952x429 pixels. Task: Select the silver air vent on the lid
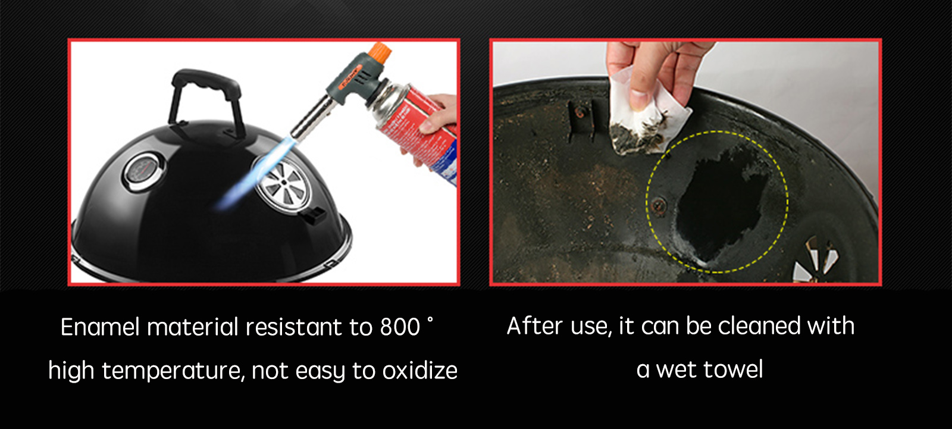(281, 184)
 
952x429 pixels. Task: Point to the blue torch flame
(257, 174)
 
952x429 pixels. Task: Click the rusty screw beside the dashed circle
(658, 207)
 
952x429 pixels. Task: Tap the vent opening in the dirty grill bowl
(816, 260)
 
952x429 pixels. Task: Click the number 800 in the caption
(400, 327)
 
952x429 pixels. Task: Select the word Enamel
(100, 327)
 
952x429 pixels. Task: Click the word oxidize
(419, 370)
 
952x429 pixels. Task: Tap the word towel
(733, 369)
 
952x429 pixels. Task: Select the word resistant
(294, 327)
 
